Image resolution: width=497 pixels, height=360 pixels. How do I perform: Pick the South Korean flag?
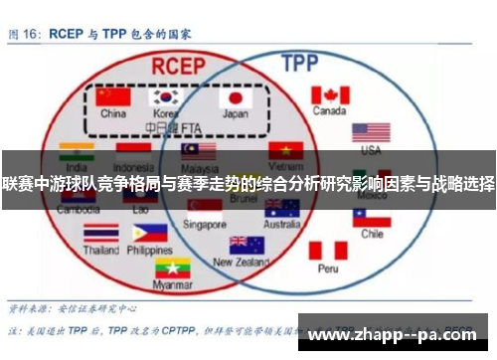[165, 97]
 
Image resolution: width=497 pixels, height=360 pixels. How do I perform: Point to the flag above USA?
[371, 132]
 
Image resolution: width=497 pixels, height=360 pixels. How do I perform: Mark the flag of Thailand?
[100, 233]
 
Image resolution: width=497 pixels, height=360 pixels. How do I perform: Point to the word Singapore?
[205, 224]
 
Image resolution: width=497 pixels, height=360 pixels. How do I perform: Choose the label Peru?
[328, 269]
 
